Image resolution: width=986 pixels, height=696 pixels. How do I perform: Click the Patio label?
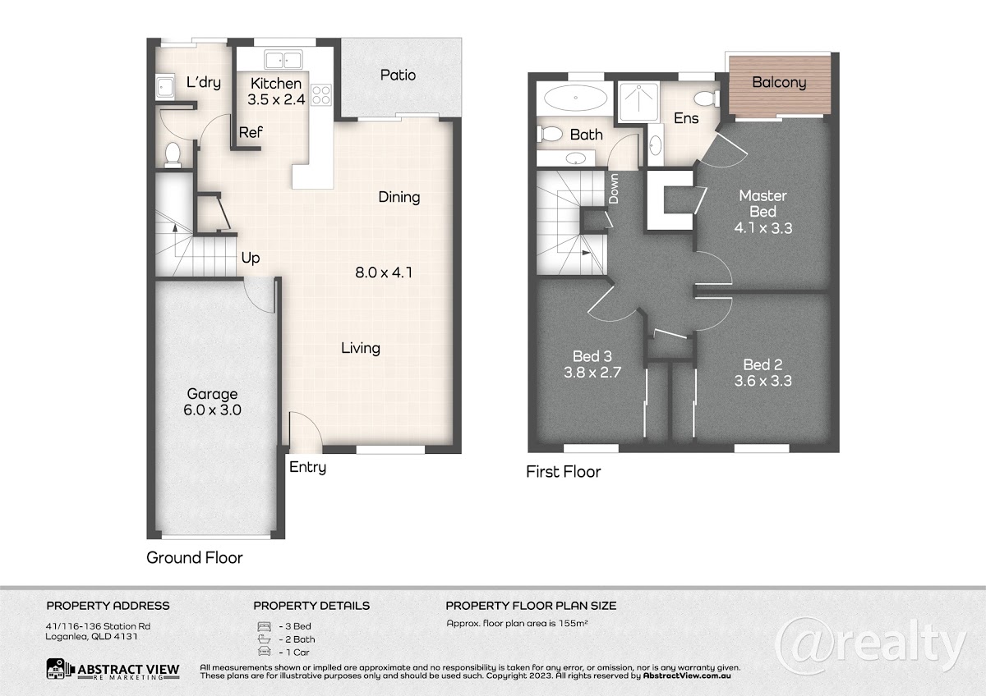398,76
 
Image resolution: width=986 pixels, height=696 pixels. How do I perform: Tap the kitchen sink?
283,59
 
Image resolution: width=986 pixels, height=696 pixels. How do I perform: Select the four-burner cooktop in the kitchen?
321,95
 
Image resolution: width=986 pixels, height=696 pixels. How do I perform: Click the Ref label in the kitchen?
251,132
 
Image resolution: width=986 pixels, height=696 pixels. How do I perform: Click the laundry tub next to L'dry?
165,87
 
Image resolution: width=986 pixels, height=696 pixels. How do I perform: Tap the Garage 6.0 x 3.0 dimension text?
212,410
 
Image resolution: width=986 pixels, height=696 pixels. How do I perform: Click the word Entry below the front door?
307,467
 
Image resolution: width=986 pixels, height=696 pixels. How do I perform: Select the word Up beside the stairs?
251,258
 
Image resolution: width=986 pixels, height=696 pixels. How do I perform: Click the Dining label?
399,197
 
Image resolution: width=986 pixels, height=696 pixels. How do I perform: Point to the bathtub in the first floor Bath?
575,97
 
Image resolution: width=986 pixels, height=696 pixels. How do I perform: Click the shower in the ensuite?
638,102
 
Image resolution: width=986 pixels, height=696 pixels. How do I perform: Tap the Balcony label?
779,82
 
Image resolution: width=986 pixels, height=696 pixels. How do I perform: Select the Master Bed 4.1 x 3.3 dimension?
763,228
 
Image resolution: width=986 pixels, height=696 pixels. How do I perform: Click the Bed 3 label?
592,355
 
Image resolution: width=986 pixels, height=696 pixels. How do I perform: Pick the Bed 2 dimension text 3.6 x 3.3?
763,381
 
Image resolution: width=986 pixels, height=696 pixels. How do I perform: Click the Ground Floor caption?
195,557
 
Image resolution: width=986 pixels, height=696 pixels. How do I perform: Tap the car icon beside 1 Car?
264,651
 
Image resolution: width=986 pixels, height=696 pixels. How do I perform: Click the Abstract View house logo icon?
58,669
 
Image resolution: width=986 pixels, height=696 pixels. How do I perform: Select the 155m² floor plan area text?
574,623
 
